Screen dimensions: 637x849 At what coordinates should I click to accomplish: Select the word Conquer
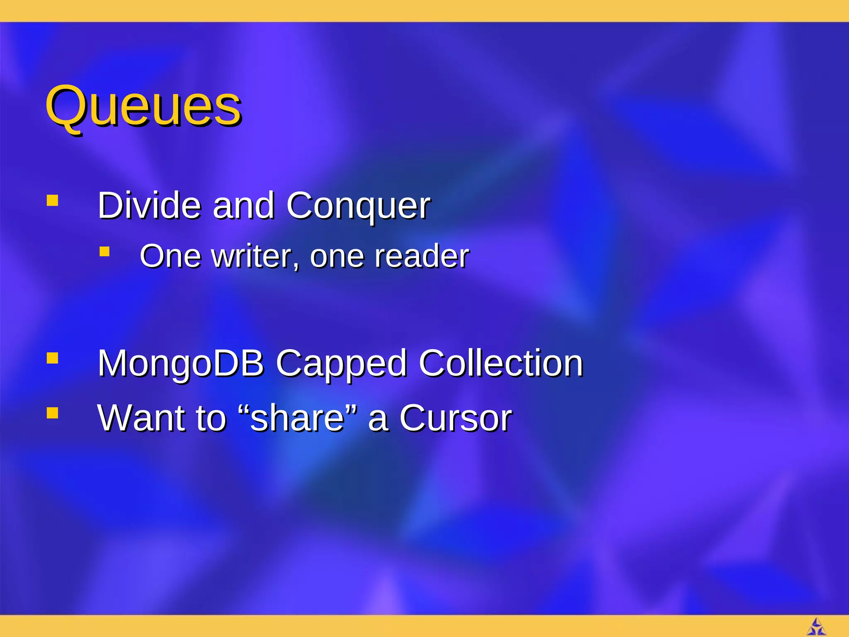point(358,206)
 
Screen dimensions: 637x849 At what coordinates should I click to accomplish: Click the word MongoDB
point(181,363)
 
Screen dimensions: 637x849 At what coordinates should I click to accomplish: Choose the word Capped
point(341,364)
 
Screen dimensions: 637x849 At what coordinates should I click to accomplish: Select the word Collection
point(501,363)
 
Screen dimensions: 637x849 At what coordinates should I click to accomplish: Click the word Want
point(141,418)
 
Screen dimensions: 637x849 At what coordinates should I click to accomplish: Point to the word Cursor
point(456,418)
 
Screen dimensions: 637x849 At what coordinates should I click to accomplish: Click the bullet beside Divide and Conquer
point(52,201)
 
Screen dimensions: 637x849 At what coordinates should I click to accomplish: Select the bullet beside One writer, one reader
point(104,252)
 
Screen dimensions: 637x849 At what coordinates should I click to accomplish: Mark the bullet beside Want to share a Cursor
point(52,413)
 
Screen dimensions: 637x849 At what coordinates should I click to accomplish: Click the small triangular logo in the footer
point(816,627)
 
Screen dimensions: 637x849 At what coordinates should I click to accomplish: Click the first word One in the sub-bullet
point(170,256)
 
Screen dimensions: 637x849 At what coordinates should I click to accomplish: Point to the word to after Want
point(211,418)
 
